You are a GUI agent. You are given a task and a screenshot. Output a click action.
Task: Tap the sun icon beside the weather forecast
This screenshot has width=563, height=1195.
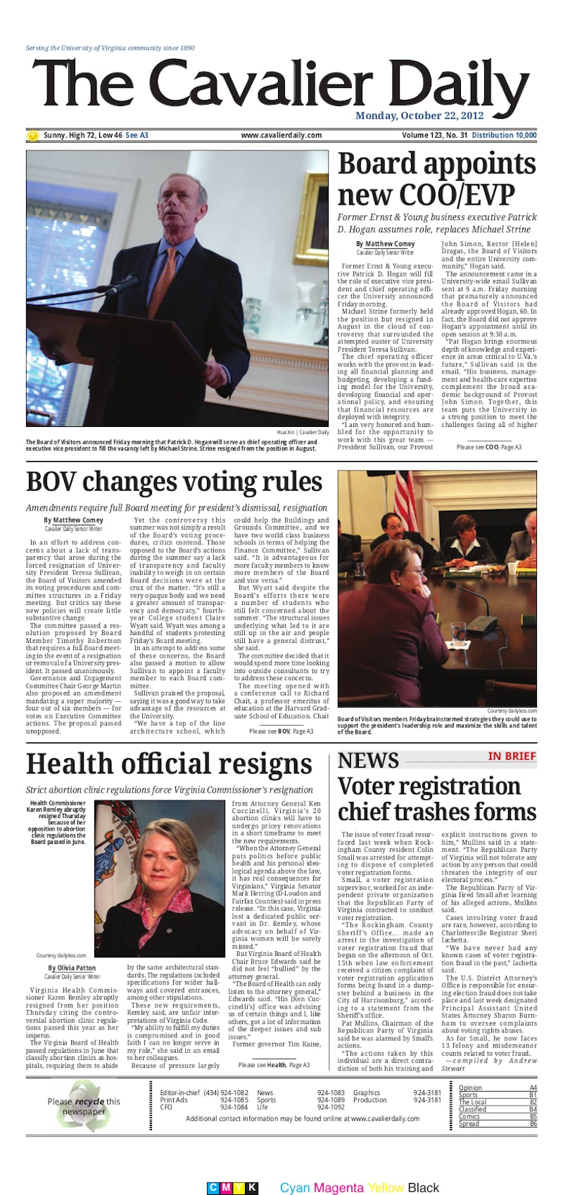[x=32, y=136]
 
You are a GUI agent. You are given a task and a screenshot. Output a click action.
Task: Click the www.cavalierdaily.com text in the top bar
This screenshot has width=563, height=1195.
[x=281, y=136]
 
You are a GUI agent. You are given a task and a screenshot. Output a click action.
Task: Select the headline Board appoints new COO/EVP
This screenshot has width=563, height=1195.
[x=436, y=179]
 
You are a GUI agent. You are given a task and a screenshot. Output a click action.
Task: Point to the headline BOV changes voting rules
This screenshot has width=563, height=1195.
[x=174, y=482]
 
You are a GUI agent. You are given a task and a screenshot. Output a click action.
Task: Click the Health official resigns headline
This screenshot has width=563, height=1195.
[x=169, y=764]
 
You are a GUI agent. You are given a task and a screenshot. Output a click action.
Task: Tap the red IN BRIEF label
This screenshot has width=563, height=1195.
[x=512, y=756]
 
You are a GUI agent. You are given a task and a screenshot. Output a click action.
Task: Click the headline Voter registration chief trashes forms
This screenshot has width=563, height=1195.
[x=436, y=798]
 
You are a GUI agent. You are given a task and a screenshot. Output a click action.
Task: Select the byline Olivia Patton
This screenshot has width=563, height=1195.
[x=72, y=969]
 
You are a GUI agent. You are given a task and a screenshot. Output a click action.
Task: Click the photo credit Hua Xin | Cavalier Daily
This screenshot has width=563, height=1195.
[x=303, y=432]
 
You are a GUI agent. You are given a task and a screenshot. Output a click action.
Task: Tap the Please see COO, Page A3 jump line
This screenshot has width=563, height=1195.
[x=489, y=447]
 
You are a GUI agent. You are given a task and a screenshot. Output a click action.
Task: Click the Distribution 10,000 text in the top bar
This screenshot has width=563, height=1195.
[x=504, y=136]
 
